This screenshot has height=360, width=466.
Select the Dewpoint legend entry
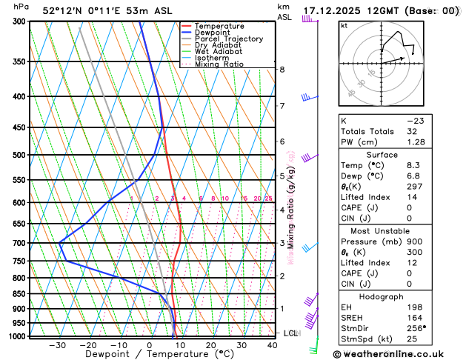214,33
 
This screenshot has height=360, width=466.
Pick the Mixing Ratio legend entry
219,64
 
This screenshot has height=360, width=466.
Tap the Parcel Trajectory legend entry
229,39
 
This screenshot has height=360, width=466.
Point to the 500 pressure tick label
20,155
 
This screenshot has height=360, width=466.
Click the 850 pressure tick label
20,294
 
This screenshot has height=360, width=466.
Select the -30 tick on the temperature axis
57,345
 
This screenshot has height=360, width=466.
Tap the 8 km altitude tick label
282,69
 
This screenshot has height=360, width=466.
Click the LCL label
290,333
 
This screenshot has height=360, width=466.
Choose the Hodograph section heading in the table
399,296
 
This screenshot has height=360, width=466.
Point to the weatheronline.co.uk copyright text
398,354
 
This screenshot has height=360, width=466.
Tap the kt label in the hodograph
344,26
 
